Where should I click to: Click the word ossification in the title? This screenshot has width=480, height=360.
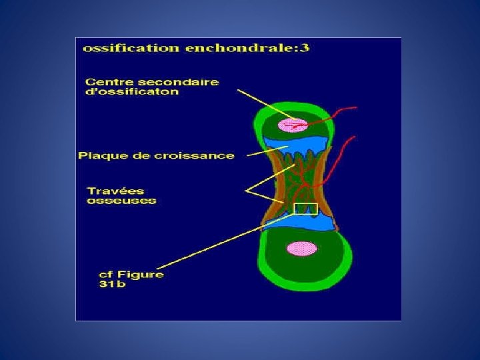(121, 49)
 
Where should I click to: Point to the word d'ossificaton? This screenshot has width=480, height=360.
(132, 92)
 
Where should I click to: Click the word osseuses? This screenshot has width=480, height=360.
(120, 201)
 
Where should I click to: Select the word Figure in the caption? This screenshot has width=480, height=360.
(139, 274)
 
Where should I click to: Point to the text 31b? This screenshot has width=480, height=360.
(109, 285)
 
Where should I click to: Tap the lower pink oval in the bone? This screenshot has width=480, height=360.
(301, 249)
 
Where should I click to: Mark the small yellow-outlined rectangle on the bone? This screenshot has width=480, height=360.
(305, 209)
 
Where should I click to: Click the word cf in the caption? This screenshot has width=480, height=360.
(105, 274)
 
